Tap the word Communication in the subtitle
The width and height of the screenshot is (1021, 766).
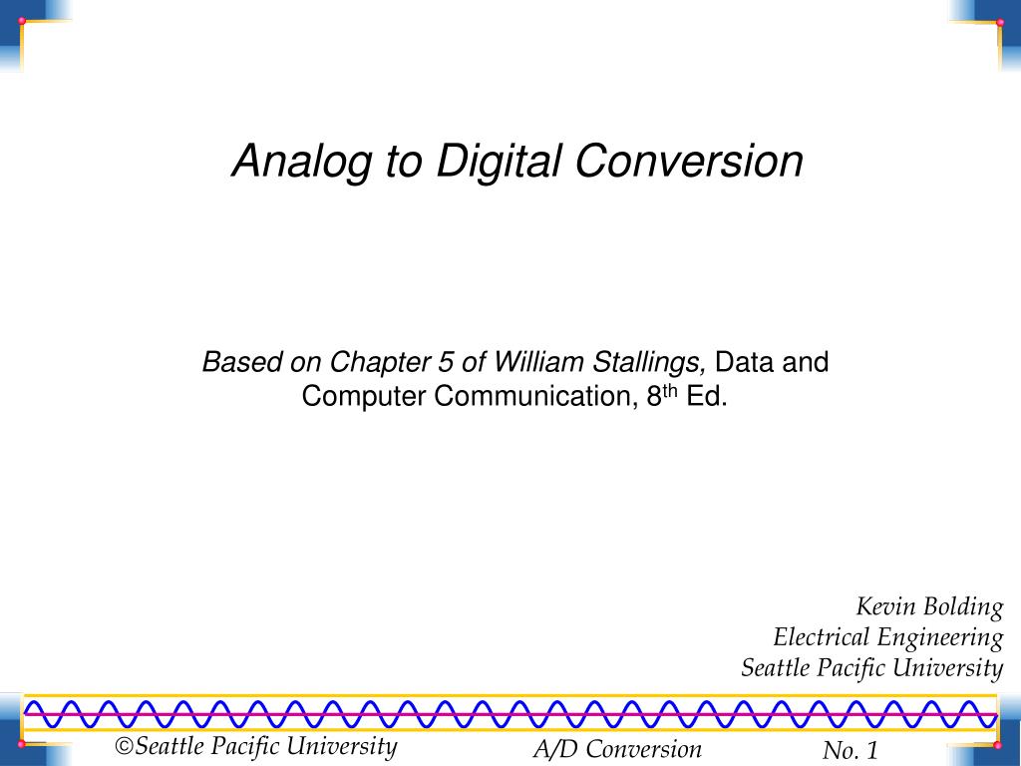(x=532, y=397)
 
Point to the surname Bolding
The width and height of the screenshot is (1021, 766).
(x=962, y=606)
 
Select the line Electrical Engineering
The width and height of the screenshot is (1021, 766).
(x=887, y=637)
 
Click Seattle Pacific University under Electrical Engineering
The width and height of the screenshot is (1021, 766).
(x=871, y=667)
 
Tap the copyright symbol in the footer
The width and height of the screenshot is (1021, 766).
(x=125, y=747)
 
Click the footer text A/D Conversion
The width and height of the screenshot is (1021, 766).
(x=617, y=750)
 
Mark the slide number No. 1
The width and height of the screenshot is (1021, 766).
(x=850, y=751)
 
